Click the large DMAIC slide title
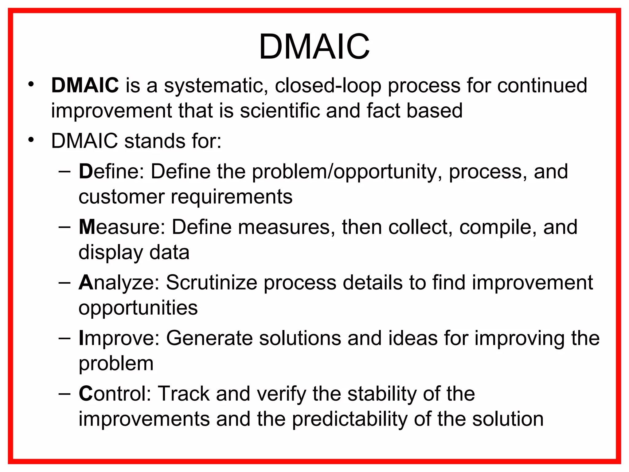click(314, 47)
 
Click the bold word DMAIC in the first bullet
click(85, 85)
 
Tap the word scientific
click(280, 111)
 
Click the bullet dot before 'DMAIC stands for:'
click(31, 140)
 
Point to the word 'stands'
click(154, 141)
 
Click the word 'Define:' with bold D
click(111, 171)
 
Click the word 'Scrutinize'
click(211, 283)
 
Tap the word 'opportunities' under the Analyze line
click(138, 308)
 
